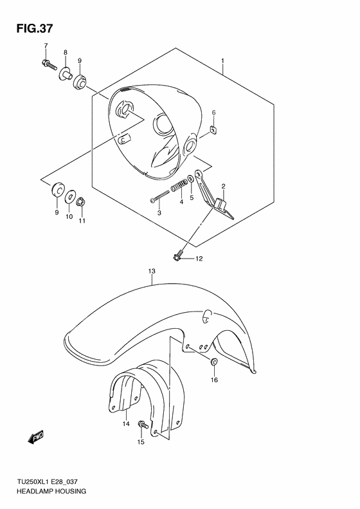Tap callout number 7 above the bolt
46,45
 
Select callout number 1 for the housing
222,62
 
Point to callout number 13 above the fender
152,272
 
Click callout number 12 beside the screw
200,259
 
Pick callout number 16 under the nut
214,380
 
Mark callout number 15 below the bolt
140,442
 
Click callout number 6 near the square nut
214,113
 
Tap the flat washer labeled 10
70,194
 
